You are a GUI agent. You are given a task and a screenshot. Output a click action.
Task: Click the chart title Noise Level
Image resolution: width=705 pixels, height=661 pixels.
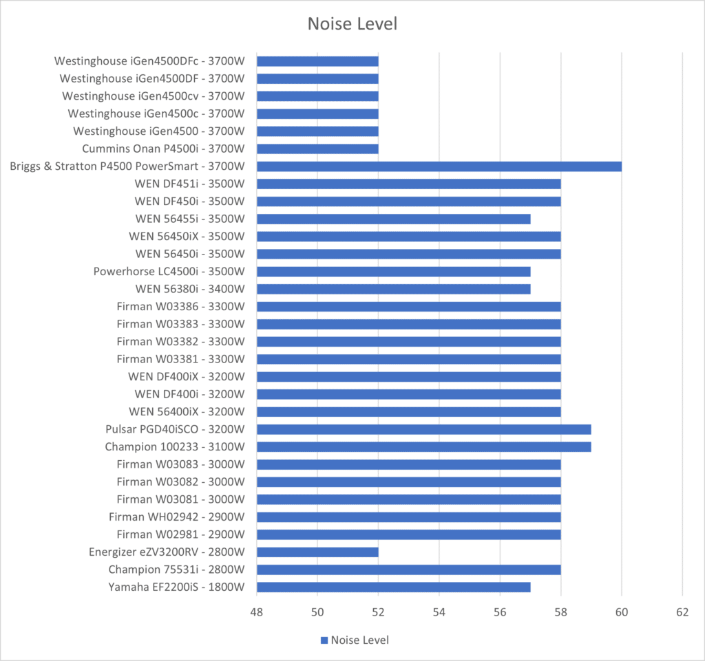[x=352, y=24]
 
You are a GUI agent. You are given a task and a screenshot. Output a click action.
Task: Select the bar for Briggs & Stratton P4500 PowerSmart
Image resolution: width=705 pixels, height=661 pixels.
[x=439, y=166]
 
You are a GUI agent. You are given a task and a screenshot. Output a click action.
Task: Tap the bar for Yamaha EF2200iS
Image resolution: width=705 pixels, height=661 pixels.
[x=393, y=587]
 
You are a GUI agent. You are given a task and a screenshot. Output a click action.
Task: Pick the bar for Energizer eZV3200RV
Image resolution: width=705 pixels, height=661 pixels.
[x=317, y=552]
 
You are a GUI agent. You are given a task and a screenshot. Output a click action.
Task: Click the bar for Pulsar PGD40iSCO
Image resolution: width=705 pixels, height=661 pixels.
[x=423, y=429]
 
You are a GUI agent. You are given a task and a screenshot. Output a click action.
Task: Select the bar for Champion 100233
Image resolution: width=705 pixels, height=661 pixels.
[x=423, y=446]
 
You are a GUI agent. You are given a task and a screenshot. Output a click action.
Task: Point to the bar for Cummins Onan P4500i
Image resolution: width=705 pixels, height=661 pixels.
[x=317, y=149]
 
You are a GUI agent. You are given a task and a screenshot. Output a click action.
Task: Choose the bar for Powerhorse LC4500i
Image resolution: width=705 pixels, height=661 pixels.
[x=393, y=271]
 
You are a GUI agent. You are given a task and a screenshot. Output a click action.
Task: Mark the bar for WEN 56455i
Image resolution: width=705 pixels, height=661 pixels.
[x=393, y=219]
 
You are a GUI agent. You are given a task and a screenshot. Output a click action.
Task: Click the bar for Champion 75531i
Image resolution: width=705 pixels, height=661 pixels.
[x=408, y=570]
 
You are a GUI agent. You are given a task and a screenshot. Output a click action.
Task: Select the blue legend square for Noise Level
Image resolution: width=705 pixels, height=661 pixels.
[x=324, y=640]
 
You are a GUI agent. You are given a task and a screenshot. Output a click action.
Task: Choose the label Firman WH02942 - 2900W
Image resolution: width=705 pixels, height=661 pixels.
[x=176, y=517]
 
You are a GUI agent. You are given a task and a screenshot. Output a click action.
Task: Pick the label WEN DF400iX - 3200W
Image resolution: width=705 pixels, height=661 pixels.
[x=186, y=376]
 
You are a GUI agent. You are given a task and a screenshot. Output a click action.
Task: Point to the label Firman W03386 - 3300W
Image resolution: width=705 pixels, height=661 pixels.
[x=180, y=306]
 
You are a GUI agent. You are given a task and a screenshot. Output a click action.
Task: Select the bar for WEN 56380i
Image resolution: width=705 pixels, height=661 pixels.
[x=393, y=289]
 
